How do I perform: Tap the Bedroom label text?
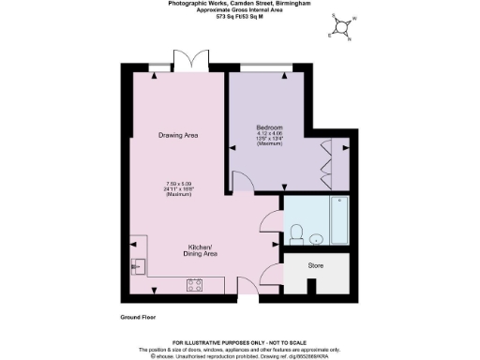[x=270, y=127]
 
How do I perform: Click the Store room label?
[x=316, y=266]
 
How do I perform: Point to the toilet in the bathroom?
[x=296, y=232]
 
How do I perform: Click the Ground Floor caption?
[x=139, y=319]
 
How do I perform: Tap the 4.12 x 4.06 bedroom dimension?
[x=270, y=134]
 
